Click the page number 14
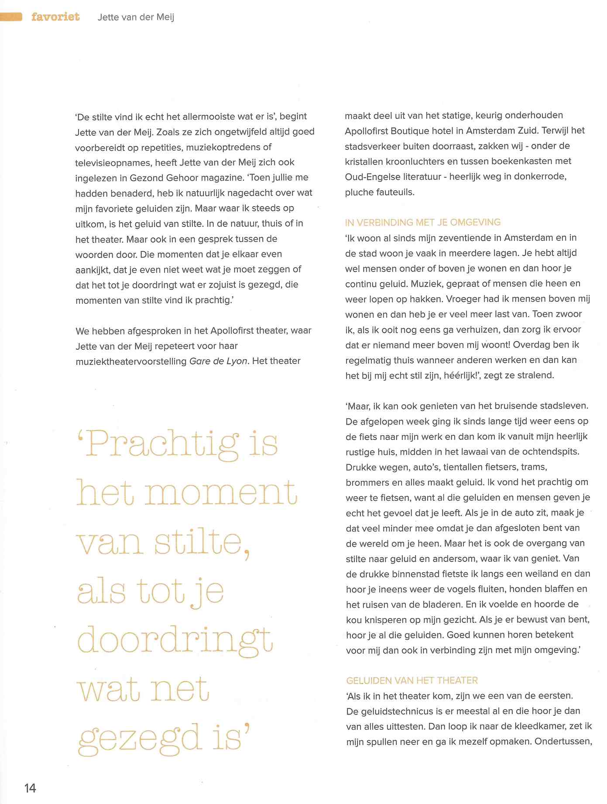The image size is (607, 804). pyautogui.click(x=30, y=788)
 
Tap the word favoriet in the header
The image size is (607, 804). pyautogui.click(x=55, y=17)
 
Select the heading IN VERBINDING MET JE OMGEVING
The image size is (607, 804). pyautogui.click(x=422, y=222)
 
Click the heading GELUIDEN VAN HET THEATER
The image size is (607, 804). pyautogui.click(x=412, y=680)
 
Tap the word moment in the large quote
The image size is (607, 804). pyautogui.click(x=221, y=493)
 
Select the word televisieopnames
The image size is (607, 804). pyautogui.click(x=112, y=162)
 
